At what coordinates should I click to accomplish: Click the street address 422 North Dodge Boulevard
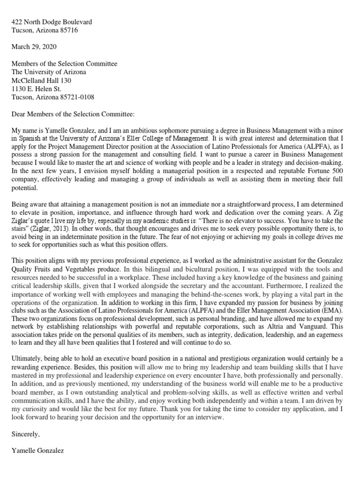click(x=52, y=22)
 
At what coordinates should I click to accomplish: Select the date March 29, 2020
click(x=34, y=47)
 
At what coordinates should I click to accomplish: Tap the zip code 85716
click(x=68, y=30)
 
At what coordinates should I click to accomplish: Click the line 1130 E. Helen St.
click(x=37, y=89)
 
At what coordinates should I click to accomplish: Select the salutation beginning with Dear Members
click(x=73, y=114)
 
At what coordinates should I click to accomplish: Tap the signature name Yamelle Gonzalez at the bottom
click(x=38, y=451)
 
